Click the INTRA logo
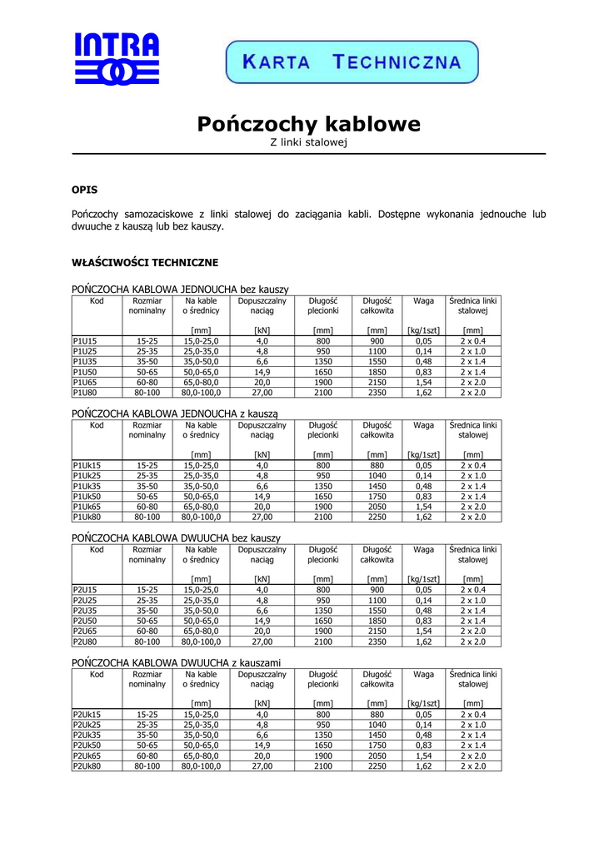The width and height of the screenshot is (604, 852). tap(117, 59)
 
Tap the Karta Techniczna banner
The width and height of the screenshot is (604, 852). tap(352, 61)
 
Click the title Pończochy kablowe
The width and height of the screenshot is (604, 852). tap(308, 125)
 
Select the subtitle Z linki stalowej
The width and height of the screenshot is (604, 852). tap(307, 143)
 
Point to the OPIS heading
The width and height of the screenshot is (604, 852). tap(84, 190)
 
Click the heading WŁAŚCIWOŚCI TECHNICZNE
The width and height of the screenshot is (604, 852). tap(145, 262)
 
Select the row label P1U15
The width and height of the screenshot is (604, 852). tap(85, 341)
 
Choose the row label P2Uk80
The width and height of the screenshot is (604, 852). tap(87, 765)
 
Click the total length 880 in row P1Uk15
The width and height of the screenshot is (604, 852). tap(377, 466)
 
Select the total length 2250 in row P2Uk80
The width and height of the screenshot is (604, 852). tap(377, 765)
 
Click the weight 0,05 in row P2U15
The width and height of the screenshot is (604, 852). tap(424, 591)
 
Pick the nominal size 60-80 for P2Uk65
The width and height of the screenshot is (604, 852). tap(147, 755)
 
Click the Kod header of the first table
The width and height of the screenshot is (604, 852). tap(97, 300)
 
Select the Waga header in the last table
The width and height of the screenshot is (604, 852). tap(424, 675)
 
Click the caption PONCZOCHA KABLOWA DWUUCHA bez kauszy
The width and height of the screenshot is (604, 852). tap(177, 538)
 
